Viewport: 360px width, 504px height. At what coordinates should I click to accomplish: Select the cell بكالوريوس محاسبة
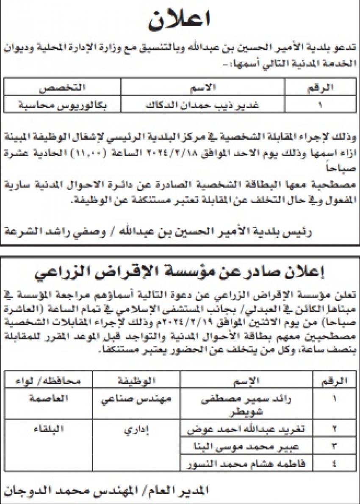(62, 104)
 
